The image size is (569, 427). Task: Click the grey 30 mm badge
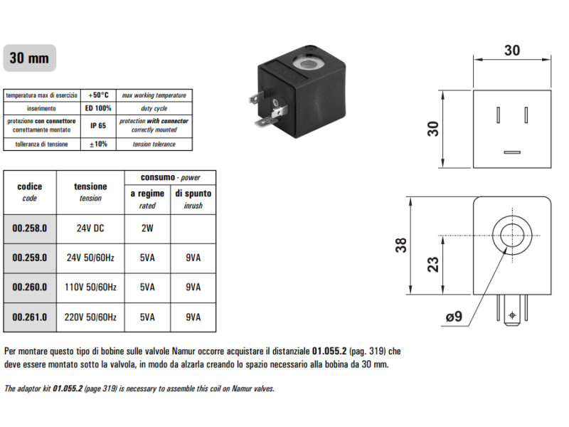point(29,58)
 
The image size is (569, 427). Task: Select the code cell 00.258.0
point(29,229)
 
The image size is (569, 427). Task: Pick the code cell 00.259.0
point(29,258)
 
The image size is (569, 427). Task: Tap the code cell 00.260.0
point(29,288)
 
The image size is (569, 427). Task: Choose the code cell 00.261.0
point(29,317)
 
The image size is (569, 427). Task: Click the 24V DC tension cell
point(90,229)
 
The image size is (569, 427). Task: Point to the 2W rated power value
point(147,229)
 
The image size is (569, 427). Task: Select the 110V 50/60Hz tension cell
point(90,288)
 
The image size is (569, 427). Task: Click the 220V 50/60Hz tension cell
point(90,317)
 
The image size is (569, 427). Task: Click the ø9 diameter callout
point(453,316)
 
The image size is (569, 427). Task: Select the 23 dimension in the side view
point(432,264)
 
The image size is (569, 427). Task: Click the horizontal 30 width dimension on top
point(512,51)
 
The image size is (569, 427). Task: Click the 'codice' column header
point(29,186)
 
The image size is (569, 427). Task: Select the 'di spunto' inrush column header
point(193,193)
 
